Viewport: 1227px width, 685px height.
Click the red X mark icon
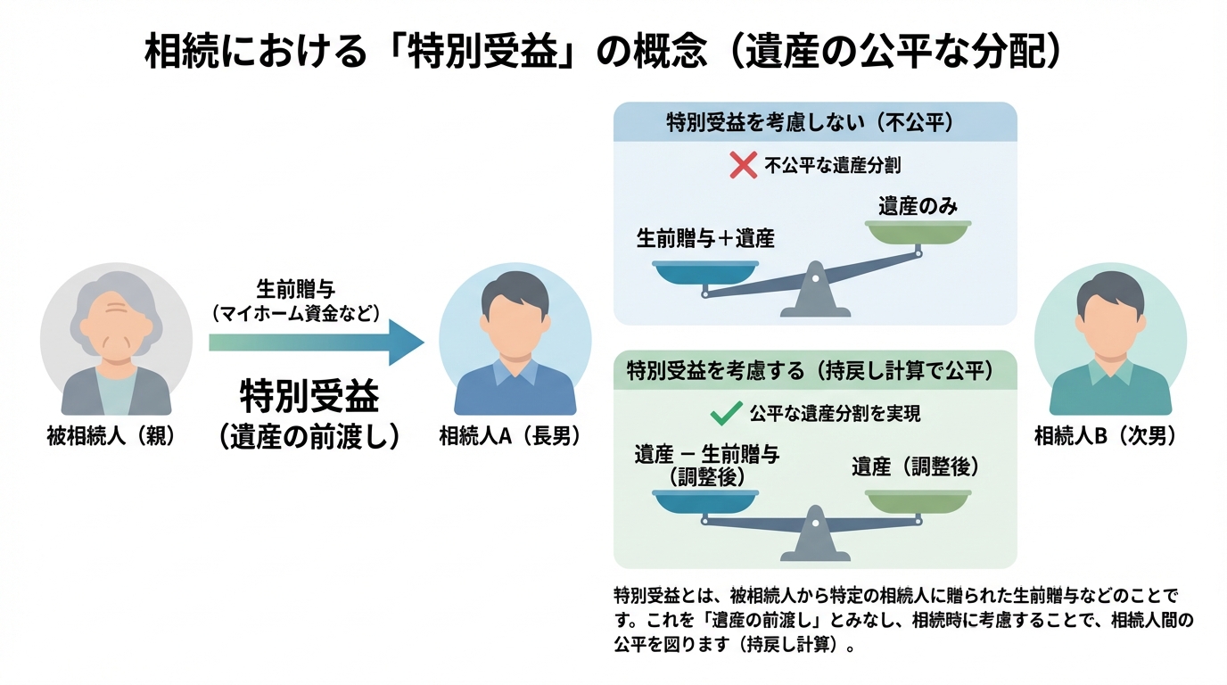[743, 165]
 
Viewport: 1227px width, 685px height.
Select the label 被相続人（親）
[109, 437]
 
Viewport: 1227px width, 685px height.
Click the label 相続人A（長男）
[510, 437]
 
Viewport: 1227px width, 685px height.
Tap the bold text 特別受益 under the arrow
[309, 396]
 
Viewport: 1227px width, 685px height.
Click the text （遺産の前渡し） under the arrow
[309, 435]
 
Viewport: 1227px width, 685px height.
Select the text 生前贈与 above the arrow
[296, 289]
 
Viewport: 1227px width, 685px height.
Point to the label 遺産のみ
[918, 207]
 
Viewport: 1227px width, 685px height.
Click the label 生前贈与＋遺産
[705, 239]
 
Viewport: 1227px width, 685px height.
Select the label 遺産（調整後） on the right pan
[915, 466]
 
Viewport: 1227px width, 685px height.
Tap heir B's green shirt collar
[1109, 368]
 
